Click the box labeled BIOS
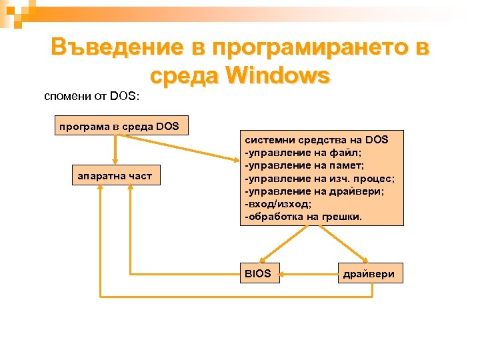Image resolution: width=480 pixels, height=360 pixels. (x=259, y=273)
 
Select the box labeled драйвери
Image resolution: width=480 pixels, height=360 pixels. (x=369, y=273)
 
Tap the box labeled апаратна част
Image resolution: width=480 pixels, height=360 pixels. (x=115, y=176)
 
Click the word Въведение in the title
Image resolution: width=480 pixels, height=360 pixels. (x=117, y=47)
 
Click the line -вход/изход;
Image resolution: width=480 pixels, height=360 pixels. (x=283, y=203)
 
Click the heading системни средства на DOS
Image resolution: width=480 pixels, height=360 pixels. (x=317, y=139)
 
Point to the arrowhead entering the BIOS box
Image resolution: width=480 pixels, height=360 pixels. (x=264, y=261)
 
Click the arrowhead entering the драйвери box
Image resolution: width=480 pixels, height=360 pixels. (x=365, y=261)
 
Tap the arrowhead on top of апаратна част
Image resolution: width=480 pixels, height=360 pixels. (x=115, y=162)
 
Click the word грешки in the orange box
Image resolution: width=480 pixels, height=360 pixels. (x=342, y=216)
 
